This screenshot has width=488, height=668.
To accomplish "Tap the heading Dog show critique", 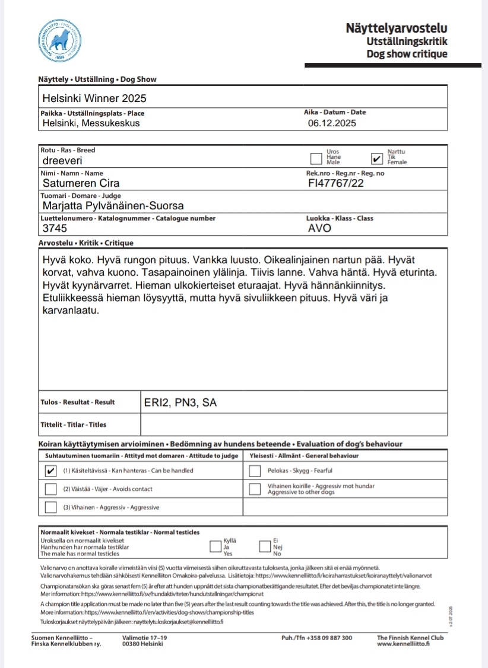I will tap(407, 55).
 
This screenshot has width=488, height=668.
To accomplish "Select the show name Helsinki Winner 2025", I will tap(94, 98).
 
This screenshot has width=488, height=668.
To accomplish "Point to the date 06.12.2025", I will tap(332, 123).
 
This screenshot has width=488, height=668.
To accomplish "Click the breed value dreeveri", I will tap(62, 160).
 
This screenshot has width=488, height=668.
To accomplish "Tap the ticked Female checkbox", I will tap(376, 159).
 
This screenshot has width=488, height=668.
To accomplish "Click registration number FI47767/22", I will tap(336, 183).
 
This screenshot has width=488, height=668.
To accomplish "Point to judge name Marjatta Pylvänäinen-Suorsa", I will tap(113, 206).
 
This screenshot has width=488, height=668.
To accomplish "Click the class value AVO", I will tap(320, 228).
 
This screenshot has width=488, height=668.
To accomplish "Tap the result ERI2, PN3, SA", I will tap(180, 403).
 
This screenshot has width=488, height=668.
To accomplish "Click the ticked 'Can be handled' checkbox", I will tap(50, 471).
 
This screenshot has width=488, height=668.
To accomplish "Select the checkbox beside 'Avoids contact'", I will tap(50, 489).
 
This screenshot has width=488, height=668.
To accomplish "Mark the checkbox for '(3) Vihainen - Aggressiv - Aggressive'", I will tap(50, 507).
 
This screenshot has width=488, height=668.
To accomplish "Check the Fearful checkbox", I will tap(255, 471).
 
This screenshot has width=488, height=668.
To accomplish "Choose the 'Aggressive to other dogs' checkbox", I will tap(255, 489).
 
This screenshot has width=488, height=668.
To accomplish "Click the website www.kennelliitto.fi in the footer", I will tap(403, 644).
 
